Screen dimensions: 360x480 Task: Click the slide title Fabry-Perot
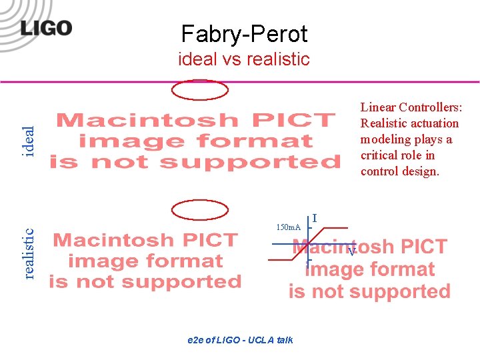pyautogui.click(x=244, y=33)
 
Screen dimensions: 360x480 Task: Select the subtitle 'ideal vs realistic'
pyautogui.click(x=244, y=59)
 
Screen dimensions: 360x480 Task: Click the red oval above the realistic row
pyautogui.click(x=200, y=210)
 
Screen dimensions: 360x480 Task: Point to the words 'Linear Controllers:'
pyautogui.click(x=411, y=107)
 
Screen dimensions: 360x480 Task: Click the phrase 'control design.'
pyautogui.click(x=400, y=171)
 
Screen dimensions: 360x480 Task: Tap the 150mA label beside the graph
pyautogui.click(x=289, y=228)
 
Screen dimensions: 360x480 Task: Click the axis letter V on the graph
pyautogui.click(x=351, y=252)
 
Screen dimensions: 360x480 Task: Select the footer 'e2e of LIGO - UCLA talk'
pyautogui.click(x=240, y=340)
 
